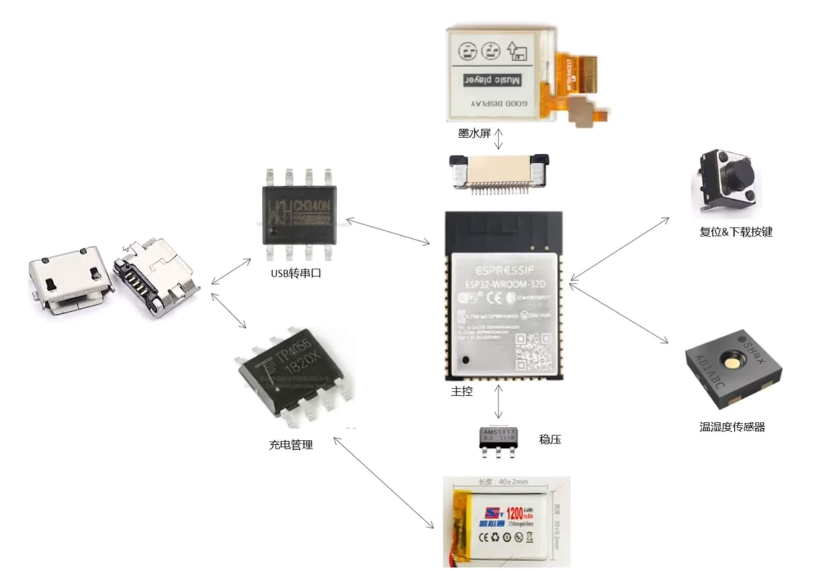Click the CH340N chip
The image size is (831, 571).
299,215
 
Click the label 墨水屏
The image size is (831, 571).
474,133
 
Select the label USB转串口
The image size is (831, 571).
296,273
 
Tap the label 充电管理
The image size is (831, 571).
290,445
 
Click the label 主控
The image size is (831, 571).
462,391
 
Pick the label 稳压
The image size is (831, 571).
550,439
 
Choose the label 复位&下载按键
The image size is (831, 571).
736,232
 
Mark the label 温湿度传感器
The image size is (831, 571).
732,427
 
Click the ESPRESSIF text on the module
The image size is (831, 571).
505,270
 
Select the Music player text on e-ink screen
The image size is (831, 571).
492,80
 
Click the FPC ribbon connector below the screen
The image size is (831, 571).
499,172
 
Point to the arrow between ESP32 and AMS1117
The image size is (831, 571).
498,402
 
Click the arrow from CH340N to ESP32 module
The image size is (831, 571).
388,232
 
